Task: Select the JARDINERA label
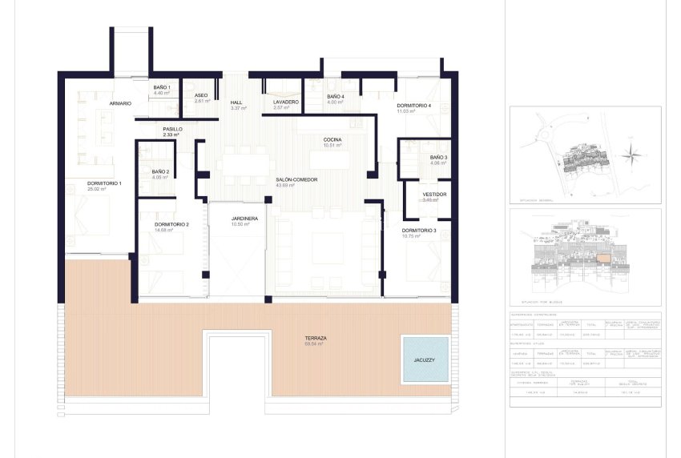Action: (x=244, y=218)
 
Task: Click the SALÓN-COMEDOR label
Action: (x=296, y=180)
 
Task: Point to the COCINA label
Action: (x=332, y=140)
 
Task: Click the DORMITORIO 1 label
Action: (x=104, y=183)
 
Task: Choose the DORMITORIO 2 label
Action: (x=171, y=224)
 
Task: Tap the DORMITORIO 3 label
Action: (x=419, y=231)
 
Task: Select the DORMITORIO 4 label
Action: (x=413, y=106)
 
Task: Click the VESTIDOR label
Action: (x=433, y=194)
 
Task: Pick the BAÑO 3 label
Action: (x=438, y=157)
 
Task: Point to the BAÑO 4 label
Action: (x=336, y=96)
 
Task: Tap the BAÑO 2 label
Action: (x=160, y=171)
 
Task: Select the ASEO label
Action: (x=201, y=95)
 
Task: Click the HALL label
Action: (x=236, y=102)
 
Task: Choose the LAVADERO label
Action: (x=285, y=102)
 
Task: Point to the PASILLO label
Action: (x=172, y=129)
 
